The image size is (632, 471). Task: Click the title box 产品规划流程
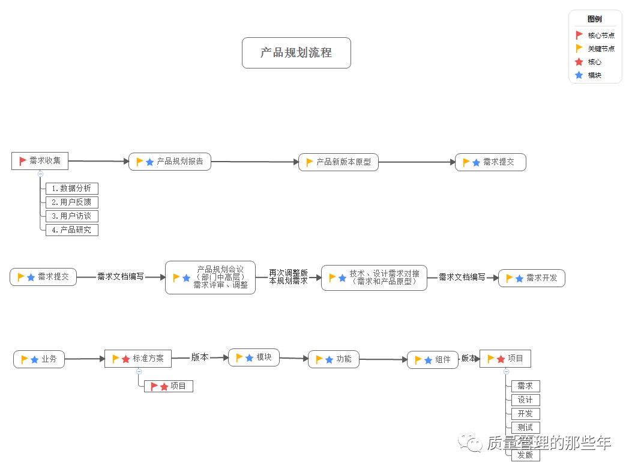[296, 53]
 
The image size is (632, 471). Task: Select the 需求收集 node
[40, 161]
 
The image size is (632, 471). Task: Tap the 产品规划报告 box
[170, 162]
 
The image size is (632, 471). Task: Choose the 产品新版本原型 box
[339, 162]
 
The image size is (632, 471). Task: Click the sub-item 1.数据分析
[71, 189]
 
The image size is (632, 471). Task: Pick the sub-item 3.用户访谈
[71, 216]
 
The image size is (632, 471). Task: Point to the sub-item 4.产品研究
[71, 230]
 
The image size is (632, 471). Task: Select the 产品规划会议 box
[210, 278]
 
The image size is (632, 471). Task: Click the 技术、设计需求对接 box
[374, 278]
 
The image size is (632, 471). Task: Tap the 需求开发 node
[532, 278]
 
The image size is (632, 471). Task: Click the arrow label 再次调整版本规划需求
[288, 277]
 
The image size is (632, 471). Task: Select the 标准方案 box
[138, 359]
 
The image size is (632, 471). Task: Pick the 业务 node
[39, 359]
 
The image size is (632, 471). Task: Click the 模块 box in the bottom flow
[254, 357]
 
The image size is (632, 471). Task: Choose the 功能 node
[334, 359]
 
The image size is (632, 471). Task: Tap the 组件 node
[433, 360]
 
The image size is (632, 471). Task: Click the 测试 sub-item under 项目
[525, 428]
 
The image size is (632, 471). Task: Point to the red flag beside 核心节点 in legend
[579, 35]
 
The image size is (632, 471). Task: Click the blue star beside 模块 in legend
[579, 76]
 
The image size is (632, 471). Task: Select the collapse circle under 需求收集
[40, 174]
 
